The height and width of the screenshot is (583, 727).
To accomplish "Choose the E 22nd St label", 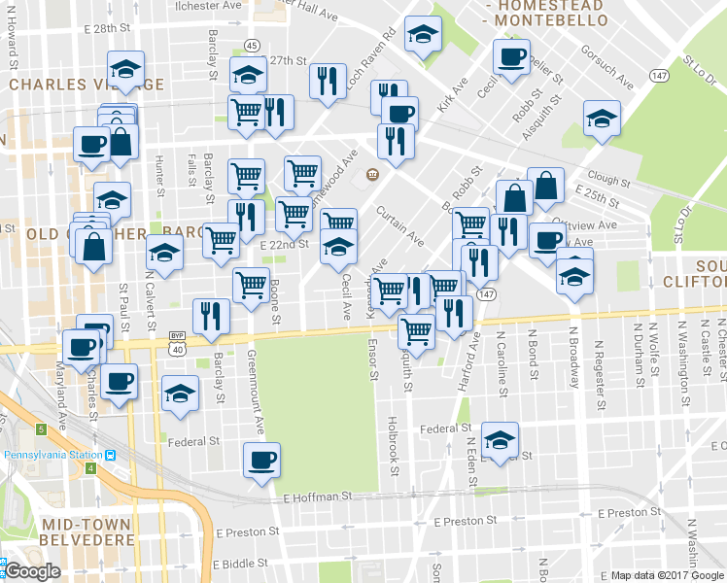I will tap(284, 244).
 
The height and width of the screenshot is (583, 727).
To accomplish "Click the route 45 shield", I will tap(252, 46).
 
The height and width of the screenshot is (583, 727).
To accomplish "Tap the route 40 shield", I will tap(176, 349).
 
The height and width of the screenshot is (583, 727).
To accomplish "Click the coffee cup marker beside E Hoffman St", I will tap(260, 460).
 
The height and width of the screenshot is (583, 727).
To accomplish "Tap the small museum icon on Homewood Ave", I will tap(372, 174).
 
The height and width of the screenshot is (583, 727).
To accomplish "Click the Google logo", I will tap(33, 572).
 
